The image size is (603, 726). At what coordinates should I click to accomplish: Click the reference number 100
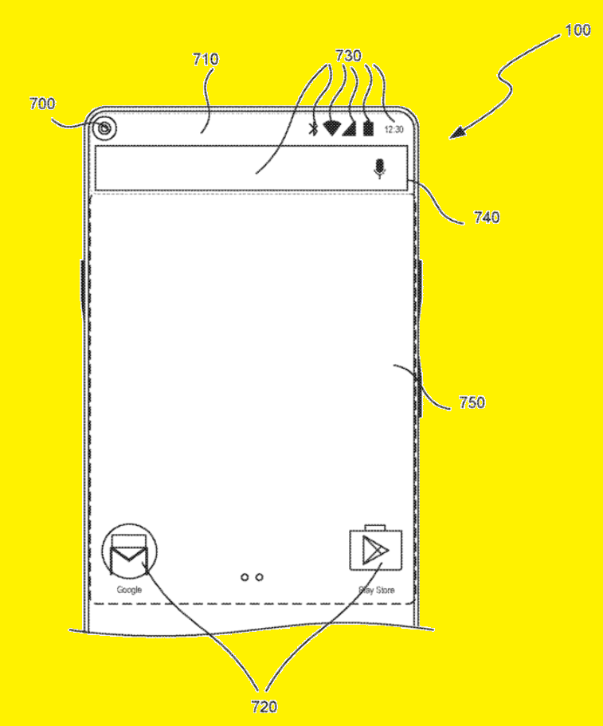[x=578, y=30]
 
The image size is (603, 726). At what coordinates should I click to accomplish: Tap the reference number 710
[x=206, y=59]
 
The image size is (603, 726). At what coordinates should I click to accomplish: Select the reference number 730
[x=348, y=56]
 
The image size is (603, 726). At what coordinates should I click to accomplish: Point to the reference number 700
[x=42, y=104]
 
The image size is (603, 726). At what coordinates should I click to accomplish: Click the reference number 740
[x=487, y=217]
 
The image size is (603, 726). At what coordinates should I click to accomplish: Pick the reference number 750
[x=472, y=402]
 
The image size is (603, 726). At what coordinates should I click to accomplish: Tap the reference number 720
[x=264, y=707]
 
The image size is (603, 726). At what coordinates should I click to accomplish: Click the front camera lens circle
[x=105, y=128]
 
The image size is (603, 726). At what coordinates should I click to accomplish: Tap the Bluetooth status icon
[x=313, y=129]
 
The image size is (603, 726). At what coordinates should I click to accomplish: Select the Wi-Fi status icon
[x=331, y=128]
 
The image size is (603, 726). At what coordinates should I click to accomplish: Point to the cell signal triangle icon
[x=350, y=128]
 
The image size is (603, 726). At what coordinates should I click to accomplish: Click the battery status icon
[x=368, y=128]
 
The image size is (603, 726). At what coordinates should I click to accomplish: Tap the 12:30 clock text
[x=394, y=130]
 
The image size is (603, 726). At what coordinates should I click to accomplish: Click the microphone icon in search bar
[x=379, y=169]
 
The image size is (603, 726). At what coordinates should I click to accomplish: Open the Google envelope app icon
[x=129, y=551]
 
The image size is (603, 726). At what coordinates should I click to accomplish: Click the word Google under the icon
[x=129, y=590]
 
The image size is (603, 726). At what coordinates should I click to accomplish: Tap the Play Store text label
[x=377, y=591]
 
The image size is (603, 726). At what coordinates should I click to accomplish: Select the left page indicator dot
[x=245, y=578]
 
